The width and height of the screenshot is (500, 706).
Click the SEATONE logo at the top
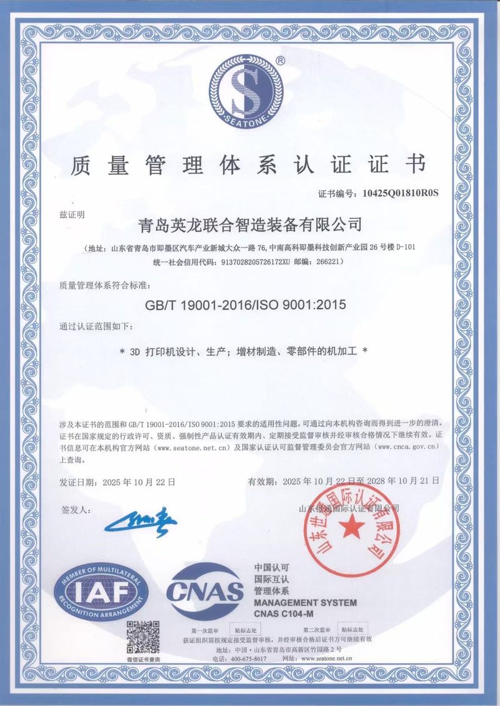250,89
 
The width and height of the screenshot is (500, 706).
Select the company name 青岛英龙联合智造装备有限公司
252,222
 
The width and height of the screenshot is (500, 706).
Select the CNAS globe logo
205,590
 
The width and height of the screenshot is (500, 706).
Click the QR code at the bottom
143,637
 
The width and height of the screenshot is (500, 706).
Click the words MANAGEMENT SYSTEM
305,602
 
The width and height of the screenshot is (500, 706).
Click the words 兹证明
72,214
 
